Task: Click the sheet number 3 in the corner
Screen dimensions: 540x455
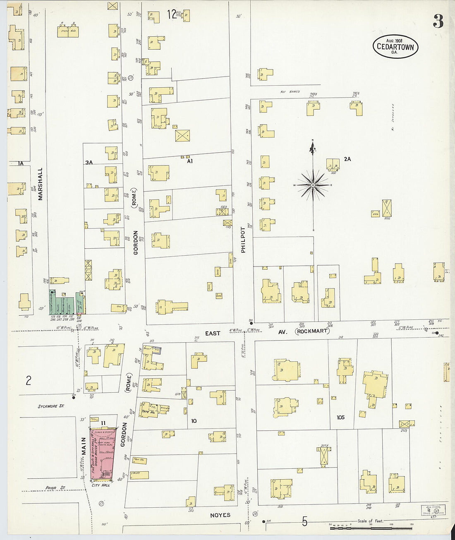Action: (438, 21)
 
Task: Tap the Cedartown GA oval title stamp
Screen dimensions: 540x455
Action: (395, 47)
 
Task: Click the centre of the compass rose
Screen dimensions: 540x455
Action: (313, 185)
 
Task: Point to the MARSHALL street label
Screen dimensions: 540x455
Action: (41, 184)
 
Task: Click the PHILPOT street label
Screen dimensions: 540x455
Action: (243, 240)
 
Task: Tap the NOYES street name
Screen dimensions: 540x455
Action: (220, 515)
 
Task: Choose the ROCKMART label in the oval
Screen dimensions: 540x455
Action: (312, 331)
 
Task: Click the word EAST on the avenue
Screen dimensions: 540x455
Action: (213, 333)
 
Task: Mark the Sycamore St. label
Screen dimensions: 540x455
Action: (51, 406)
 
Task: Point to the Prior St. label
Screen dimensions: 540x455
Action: (55, 488)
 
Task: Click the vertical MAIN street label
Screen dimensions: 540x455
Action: (84, 446)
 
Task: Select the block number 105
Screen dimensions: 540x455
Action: (340, 417)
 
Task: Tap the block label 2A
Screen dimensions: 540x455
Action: (347, 159)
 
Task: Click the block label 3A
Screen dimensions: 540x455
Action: (89, 163)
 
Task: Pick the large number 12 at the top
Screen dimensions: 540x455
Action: (172, 15)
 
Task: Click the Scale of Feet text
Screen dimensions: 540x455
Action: (370, 521)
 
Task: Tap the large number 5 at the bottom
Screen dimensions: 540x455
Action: (304, 522)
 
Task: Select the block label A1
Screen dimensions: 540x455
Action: (190, 161)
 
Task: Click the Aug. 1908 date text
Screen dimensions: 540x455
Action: (394, 41)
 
